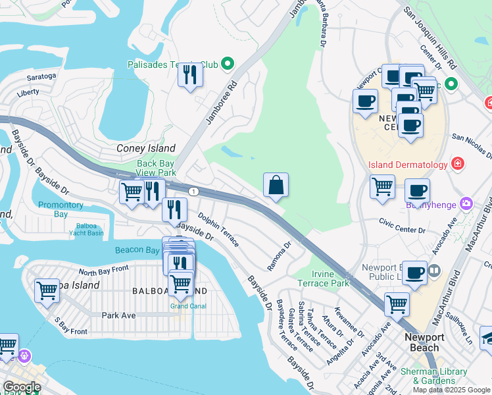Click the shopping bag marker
276,186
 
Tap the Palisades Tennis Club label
172,65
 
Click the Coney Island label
145,148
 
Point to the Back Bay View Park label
156,168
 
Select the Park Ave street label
118,315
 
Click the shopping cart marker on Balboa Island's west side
47,290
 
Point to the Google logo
22,387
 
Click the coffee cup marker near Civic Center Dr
417,192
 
